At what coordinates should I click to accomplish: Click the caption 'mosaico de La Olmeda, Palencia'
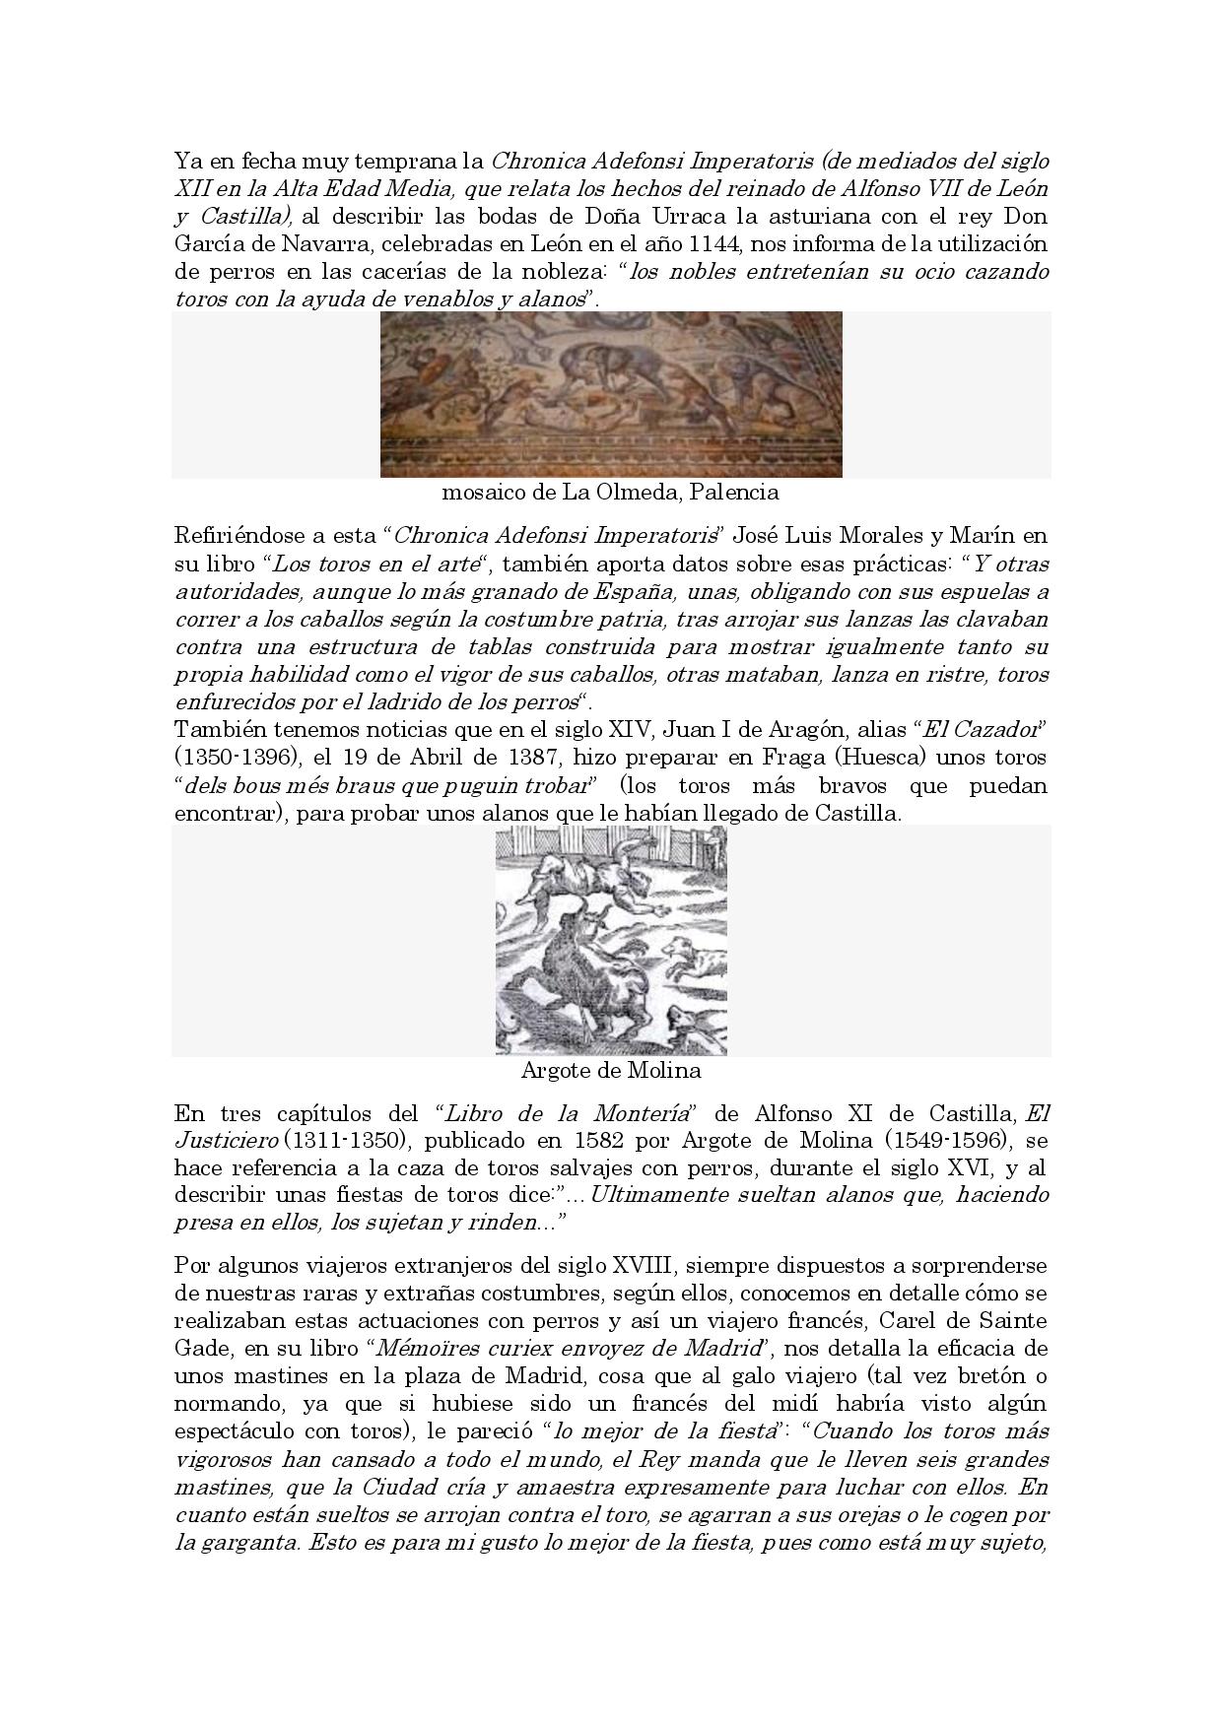pyautogui.click(x=611, y=492)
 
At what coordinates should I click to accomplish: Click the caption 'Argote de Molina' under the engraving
pyautogui.click(x=610, y=1070)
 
